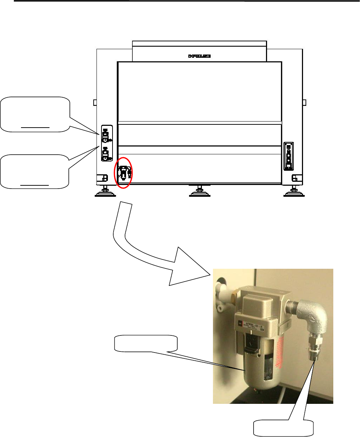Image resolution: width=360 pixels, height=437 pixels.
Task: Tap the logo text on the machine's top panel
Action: [199, 56]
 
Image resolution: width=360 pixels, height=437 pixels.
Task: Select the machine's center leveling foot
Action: [199, 191]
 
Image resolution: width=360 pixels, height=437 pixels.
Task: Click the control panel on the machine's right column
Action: [288, 156]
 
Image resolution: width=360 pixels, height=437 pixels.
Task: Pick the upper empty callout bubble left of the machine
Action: [35, 114]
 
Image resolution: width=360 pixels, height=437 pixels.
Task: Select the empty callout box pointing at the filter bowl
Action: [145, 343]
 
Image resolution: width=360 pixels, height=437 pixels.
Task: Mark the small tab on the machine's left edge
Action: [95, 103]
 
